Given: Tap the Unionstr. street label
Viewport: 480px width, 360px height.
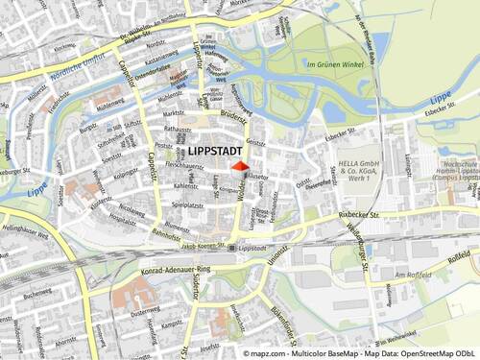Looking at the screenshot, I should (x=276, y=256).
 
